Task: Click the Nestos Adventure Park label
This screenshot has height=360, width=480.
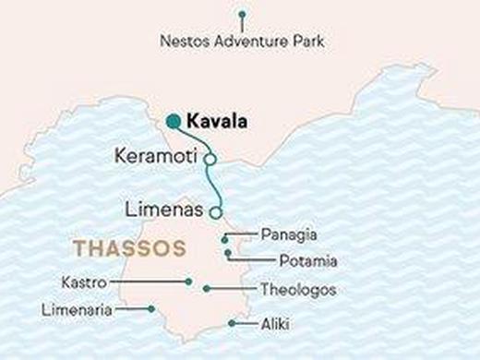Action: point(242,42)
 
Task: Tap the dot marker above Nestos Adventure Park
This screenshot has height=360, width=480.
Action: point(242,15)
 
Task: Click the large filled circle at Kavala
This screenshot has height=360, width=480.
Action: point(173,121)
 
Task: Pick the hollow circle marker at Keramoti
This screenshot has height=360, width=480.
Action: point(210,160)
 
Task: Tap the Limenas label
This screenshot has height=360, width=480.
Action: point(164,210)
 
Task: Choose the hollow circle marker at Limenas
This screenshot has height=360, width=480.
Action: point(216,212)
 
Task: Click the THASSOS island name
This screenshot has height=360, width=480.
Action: point(128,249)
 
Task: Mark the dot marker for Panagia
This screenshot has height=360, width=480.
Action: point(225,240)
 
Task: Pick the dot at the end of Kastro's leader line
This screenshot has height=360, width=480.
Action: point(188,282)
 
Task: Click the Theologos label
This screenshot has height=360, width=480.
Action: point(298,290)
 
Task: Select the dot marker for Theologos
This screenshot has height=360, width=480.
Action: point(206,289)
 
